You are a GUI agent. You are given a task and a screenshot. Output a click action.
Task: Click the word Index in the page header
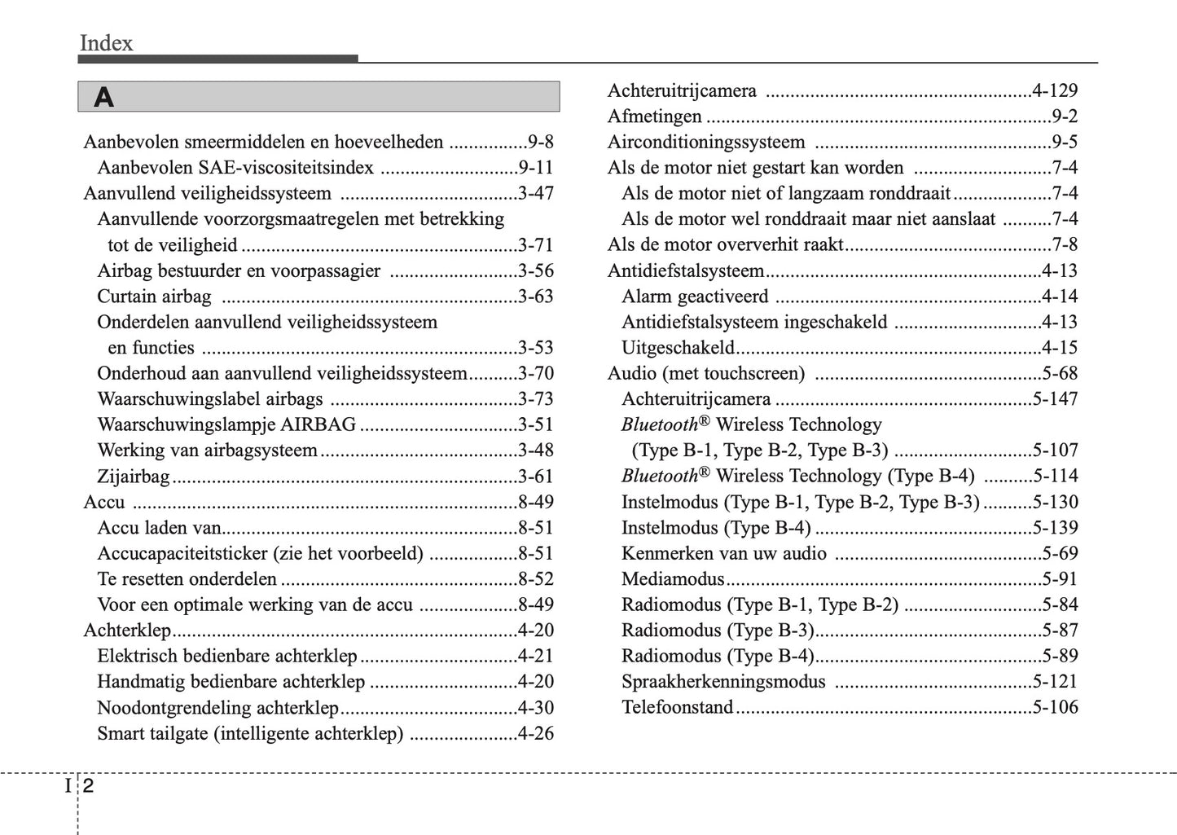(106, 43)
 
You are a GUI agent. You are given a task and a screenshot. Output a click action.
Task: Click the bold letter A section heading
(103, 98)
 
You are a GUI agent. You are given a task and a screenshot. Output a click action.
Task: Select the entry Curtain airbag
(154, 297)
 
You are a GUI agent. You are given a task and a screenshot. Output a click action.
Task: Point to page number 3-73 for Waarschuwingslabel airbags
(535, 399)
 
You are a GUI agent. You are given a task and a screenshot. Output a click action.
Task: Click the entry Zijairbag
(134, 477)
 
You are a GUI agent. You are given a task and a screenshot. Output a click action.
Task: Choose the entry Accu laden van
(159, 528)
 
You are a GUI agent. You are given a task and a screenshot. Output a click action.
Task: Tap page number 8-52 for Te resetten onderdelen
(535, 579)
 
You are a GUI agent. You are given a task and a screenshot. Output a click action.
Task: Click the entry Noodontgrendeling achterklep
(217, 708)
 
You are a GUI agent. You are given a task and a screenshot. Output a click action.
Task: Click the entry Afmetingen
(654, 116)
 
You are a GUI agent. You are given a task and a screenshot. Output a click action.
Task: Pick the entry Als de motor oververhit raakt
(725, 245)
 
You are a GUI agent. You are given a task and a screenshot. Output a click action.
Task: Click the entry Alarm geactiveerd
(694, 297)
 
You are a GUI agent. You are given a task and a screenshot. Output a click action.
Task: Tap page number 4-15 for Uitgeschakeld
(1059, 348)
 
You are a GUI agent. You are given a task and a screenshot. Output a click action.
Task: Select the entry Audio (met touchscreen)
(705, 374)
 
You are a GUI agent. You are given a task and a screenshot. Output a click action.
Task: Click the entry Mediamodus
(672, 579)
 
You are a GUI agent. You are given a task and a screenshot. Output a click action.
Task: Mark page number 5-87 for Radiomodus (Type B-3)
(1059, 631)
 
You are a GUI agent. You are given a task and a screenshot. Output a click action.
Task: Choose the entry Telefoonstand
(677, 707)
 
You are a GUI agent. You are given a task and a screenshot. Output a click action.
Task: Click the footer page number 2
(88, 787)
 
